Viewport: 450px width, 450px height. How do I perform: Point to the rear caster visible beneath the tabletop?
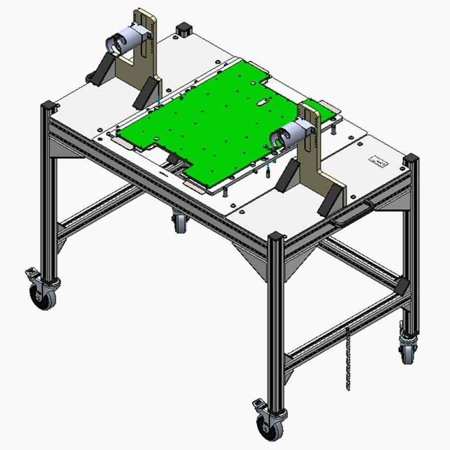click(x=179, y=222)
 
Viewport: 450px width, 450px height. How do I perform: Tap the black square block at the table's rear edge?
click(x=183, y=28)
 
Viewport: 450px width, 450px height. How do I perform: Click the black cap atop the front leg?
click(x=276, y=236)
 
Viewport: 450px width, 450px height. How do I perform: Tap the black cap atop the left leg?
click(x=48, y=105)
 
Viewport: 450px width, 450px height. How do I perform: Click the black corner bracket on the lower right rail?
click(x=402, y=285)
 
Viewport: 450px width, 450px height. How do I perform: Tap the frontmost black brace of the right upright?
click(x=329, y=200)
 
